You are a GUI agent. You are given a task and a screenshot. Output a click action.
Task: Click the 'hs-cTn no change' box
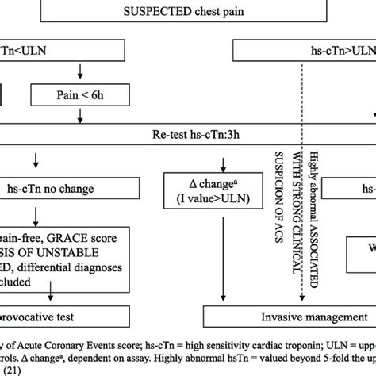[63, 188]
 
